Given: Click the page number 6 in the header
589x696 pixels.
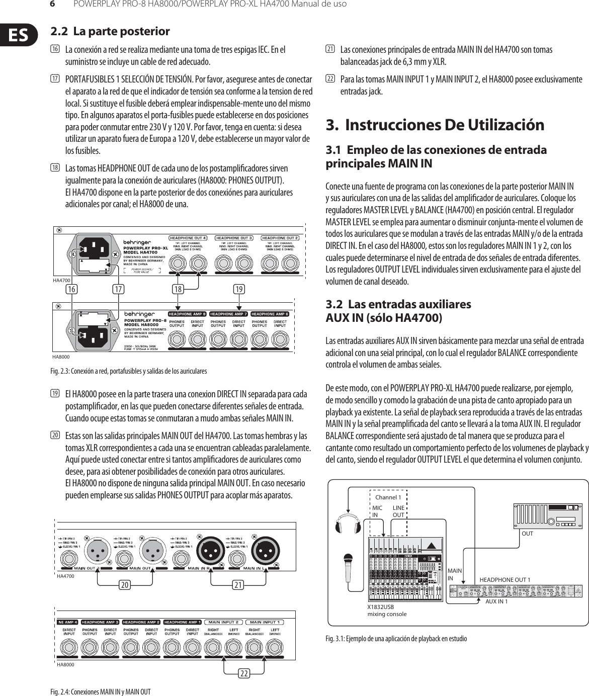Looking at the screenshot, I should (x=52, y=5).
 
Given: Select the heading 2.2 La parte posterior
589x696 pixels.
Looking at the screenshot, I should (x=111, y=32).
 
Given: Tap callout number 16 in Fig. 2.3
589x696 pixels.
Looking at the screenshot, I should (x=72, y=289).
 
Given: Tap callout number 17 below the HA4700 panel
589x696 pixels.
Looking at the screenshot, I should (x=119, y=289).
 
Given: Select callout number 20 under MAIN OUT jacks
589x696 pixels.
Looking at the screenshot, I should (x=124, y=585).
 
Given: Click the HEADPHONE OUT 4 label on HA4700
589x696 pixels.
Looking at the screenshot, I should (x=188, y=237).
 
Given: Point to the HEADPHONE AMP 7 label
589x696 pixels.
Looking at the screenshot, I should (x=229, y=314).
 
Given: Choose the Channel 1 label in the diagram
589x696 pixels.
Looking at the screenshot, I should (x=388, y=497).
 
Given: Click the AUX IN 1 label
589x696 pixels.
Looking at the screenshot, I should (x=496, y=601).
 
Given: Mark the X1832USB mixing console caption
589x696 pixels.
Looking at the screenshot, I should (x=387, y=611).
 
